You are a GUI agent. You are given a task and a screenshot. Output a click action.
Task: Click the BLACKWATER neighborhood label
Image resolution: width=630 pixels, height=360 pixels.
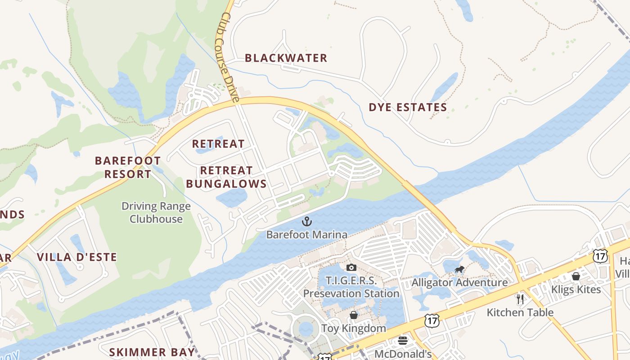tap(286, 58)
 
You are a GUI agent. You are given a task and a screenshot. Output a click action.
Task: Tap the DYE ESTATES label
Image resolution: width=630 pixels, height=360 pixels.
tap(408, 108)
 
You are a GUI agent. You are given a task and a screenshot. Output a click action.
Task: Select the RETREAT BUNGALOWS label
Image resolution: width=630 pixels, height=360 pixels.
tap(226, 177)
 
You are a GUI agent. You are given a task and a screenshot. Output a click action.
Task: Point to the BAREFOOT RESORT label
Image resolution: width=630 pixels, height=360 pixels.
tap(128, 167)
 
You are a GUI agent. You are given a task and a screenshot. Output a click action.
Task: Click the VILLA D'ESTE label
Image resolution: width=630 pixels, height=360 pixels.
tap(77, 257)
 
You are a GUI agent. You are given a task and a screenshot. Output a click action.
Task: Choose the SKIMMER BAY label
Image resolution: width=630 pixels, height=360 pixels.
tap(153, 352)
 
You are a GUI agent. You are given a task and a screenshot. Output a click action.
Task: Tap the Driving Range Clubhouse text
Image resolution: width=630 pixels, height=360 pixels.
tap(156, 213)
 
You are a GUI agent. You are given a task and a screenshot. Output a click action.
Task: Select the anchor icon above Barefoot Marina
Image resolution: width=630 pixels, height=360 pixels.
tap(306, 221)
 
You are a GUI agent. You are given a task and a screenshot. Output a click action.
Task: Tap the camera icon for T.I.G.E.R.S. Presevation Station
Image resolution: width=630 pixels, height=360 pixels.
tap(351, 268)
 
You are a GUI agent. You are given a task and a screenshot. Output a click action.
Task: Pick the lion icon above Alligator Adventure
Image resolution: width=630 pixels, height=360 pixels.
tap(459, 270)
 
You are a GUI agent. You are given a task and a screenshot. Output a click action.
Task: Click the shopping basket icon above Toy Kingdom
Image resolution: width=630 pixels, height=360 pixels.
tap(354, 315)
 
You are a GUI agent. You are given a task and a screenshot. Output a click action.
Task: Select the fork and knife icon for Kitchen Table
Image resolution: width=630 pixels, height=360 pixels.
tap(520, 299)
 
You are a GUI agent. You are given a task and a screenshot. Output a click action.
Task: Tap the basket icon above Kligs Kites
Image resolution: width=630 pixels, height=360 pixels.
tap(576, 276)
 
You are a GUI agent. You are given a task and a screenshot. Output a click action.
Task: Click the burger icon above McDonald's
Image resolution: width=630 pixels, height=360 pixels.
tap(403, 341)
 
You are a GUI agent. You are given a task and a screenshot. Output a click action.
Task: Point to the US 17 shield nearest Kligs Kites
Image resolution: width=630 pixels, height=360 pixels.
tap(600, 256)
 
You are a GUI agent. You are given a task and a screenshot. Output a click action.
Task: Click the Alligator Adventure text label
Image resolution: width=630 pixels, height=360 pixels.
tap(459, 283)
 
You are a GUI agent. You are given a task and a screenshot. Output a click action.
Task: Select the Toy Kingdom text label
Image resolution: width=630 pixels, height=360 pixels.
tap(353, 328)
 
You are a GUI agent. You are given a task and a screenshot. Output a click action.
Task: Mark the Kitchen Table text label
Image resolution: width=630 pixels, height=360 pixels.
tap(520, 312)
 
